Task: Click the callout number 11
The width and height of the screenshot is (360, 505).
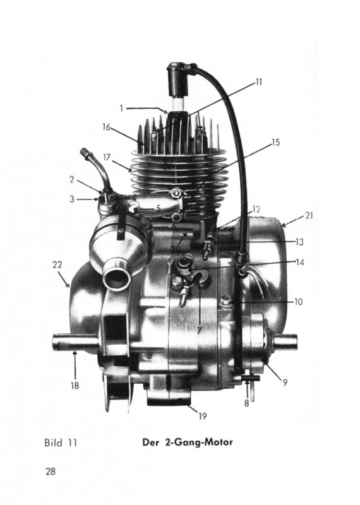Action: click(x=259, y=82)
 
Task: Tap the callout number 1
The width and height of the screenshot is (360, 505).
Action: click(x=121, y=109)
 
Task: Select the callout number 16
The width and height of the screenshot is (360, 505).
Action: click(x=106, y=127)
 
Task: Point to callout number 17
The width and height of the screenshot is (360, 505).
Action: click(x=107, y=157)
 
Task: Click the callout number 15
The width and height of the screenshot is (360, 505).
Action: click(x=276, y=142)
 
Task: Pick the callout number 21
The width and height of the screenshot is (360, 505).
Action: click(x=309, y=215)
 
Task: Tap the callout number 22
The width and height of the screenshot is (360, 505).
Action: click(x=57, y=264)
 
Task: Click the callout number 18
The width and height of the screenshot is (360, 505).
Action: click(x=75, y=386)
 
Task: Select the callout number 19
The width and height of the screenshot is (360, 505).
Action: click(x=202, y=416)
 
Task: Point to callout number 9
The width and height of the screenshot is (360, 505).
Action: click(x=285, y=383)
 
